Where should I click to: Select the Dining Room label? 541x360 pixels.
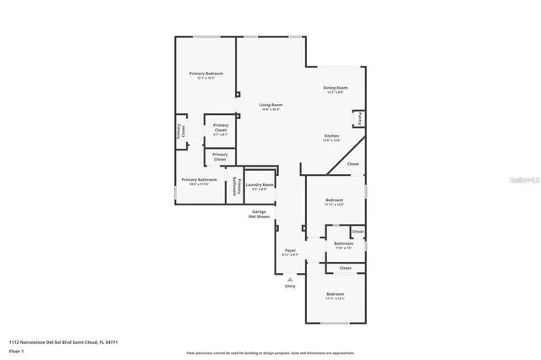point(336,88)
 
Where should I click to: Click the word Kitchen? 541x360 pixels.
point(332,137)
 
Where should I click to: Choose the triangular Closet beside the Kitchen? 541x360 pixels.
point(352,164)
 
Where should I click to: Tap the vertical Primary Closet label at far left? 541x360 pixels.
point(180,132)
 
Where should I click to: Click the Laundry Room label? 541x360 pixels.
point(260,185)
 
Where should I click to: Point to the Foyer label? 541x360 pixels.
point(290,251)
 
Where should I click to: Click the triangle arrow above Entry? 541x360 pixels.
point(290,278)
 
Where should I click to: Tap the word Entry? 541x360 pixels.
point(290,286)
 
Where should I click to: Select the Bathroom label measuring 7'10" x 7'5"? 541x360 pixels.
point(343,244)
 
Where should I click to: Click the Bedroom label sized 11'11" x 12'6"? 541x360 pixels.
point(335,200)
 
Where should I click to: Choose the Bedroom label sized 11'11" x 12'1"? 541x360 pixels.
point(335,294)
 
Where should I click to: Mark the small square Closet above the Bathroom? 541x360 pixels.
point(358,231)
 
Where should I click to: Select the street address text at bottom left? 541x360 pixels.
point(63,341)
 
